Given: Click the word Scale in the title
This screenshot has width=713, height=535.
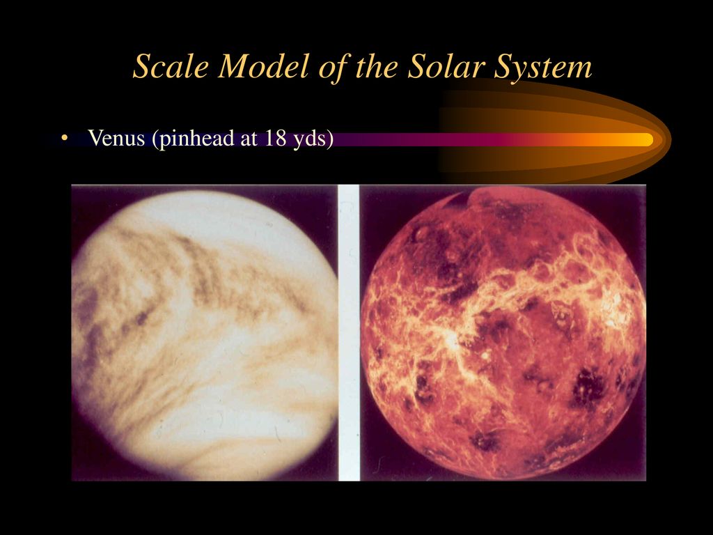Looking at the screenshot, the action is coord(171,66).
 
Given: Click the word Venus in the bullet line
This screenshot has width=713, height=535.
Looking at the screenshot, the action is coord(116,138).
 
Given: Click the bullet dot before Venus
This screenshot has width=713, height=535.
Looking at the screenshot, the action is coord(64,138).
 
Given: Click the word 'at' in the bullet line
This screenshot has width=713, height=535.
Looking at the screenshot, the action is coord(250,139).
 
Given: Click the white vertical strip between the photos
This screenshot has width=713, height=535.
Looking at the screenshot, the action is coord(349,332).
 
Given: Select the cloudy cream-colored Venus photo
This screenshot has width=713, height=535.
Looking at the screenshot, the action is coord(205,332).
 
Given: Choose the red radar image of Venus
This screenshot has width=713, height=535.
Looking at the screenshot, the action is coord(503,332).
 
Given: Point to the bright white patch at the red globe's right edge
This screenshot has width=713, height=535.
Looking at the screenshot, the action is coord(618,305).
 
